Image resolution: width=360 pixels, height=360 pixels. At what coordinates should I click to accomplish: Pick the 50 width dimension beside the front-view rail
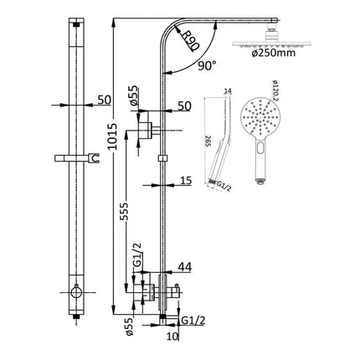click(105, 100)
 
